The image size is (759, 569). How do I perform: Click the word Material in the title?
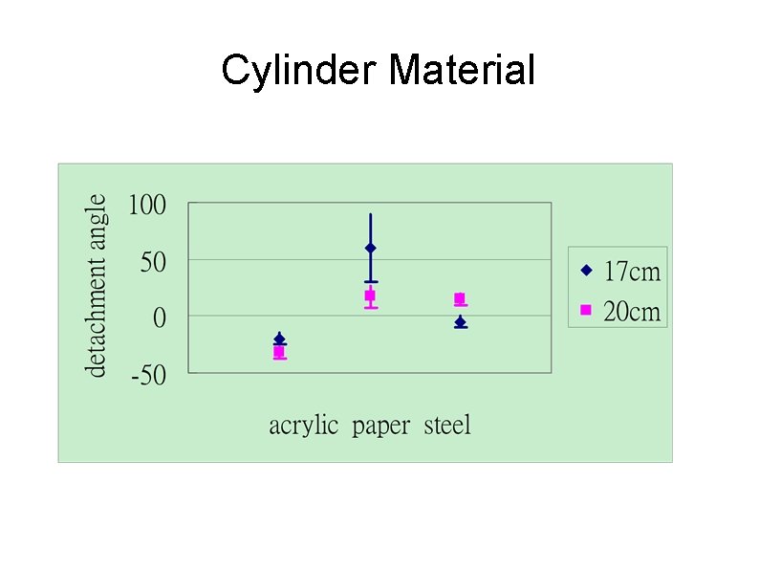463,71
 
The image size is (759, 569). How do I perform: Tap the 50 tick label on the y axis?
153,262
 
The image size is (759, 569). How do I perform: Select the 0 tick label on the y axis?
160,318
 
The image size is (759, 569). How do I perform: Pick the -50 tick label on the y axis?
148,375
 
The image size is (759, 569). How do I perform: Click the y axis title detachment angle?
97,285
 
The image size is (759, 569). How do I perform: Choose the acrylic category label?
303,426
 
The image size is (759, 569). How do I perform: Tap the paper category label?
380,426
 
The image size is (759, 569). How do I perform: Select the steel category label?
447,426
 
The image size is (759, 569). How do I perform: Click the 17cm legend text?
632,272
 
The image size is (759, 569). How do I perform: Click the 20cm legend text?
632,312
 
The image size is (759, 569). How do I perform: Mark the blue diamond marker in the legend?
587,271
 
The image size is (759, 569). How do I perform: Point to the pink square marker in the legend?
587,310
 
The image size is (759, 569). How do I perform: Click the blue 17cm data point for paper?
370,248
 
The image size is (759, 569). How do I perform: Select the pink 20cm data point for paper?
370,295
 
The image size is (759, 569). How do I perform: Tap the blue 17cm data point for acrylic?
279,339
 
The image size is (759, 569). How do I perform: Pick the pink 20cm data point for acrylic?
279,352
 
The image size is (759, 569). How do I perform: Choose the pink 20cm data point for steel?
460,299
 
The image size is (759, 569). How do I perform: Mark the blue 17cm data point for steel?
460,322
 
